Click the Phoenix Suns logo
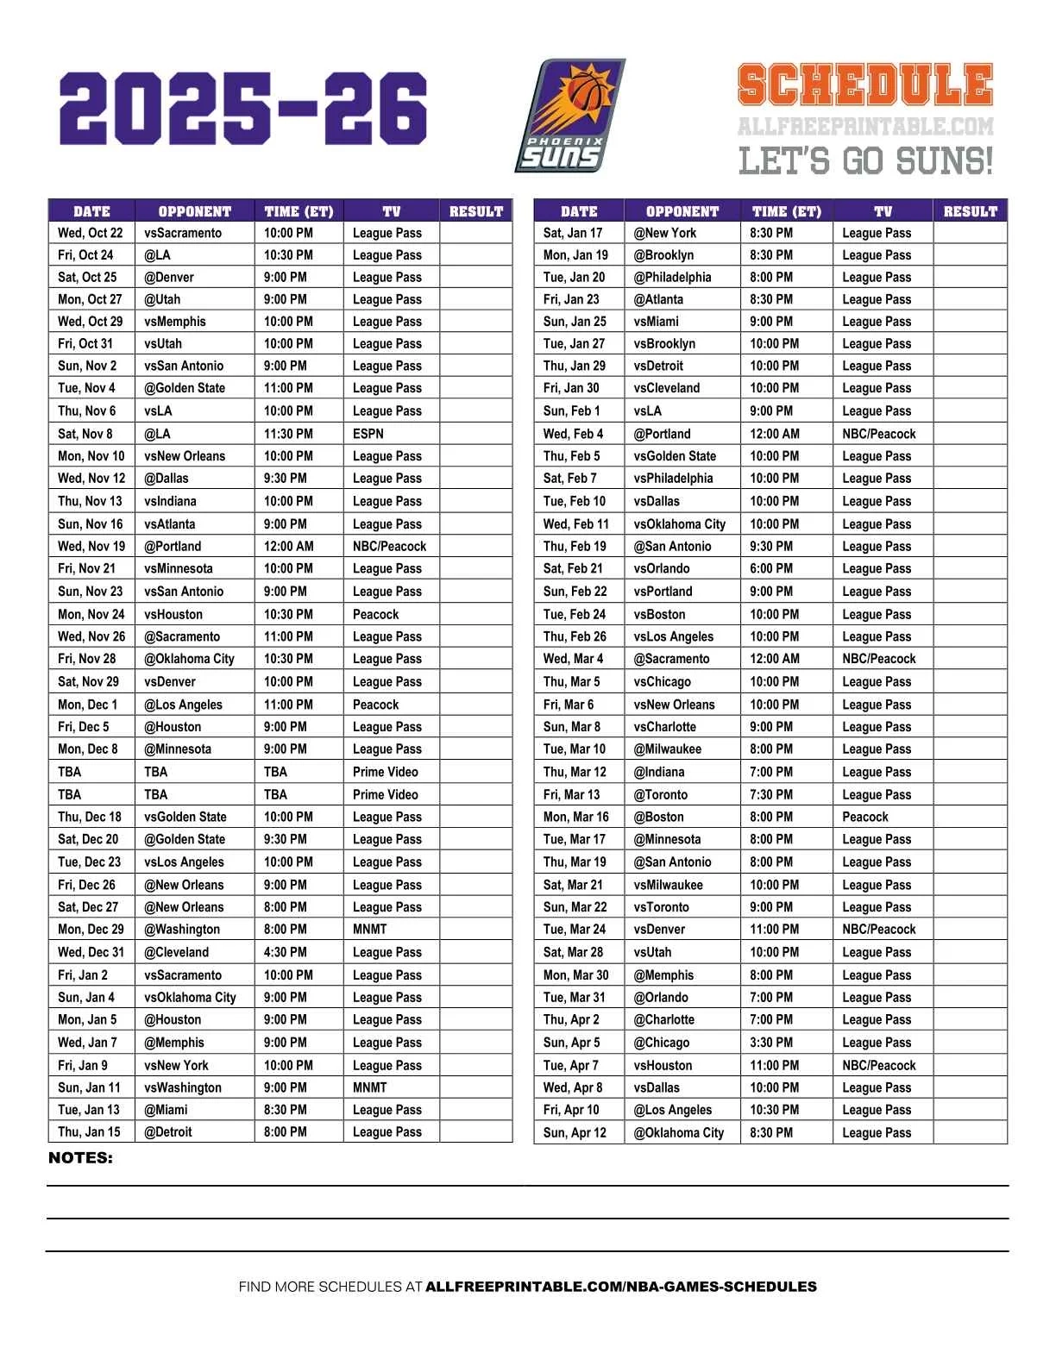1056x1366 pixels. point(569,116)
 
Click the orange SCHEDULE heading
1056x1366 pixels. point(864,85)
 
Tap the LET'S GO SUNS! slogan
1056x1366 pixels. point(864,161)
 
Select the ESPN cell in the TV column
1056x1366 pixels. point(368,434)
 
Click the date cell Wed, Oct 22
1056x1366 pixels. point(90,233)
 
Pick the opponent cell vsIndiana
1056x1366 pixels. point(171,501)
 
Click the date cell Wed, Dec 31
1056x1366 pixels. point(91,952)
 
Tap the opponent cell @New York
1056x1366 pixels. point(664,233)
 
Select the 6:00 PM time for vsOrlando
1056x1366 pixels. point(771,568)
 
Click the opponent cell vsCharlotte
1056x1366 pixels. point(664,727)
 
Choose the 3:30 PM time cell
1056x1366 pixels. point(771,1043)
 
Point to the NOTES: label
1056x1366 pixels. point(80,1158)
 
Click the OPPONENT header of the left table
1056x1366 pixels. point(195,211)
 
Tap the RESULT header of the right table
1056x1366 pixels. point(970,211)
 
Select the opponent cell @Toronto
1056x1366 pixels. point(661,795)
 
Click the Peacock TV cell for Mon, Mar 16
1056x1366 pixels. point(865,817)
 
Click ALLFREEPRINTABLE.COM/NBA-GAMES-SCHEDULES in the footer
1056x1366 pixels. point(621,1287)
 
